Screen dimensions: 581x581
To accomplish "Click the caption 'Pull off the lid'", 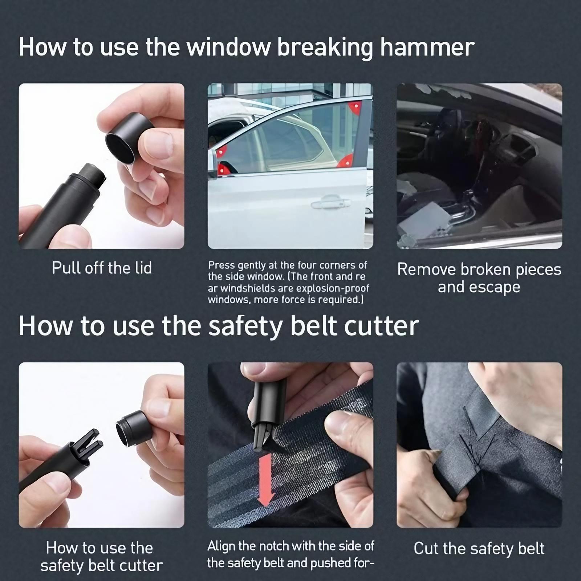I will tap(102, 268).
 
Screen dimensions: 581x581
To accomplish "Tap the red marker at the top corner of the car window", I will tap(354, 107).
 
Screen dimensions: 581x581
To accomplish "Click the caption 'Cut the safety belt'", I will tap(479, 548).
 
